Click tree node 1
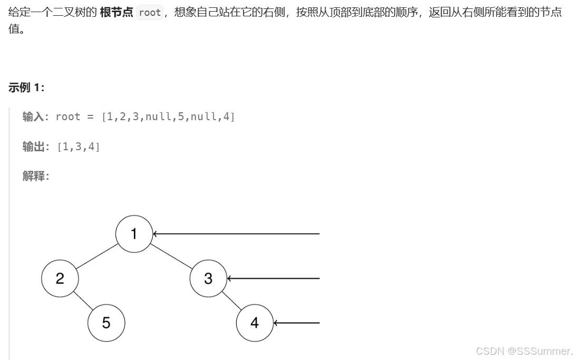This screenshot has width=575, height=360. tap(134, 233)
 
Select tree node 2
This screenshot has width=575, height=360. tap(60, 278)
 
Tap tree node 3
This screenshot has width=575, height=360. tap(208, 278)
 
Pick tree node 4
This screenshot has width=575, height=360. tap(255, 323)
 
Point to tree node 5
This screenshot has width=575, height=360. tap(106, 323)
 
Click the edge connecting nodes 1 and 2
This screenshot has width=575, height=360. tap(97, 256)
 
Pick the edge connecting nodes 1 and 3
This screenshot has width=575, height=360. tap(171, 256)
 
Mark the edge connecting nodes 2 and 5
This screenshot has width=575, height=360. tap(83, 300)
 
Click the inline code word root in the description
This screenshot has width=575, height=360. tap(150, 13)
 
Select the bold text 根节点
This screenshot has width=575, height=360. tap(116, 13)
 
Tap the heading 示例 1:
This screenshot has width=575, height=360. tap(26, 88)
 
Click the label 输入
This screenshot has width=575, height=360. tap(33, 116)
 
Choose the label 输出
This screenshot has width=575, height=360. tap(33, 147)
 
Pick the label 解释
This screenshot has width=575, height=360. tap(33, 176)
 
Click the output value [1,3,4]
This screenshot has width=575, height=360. tap(78, 147)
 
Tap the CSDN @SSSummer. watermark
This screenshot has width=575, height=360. tap(523, 351)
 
